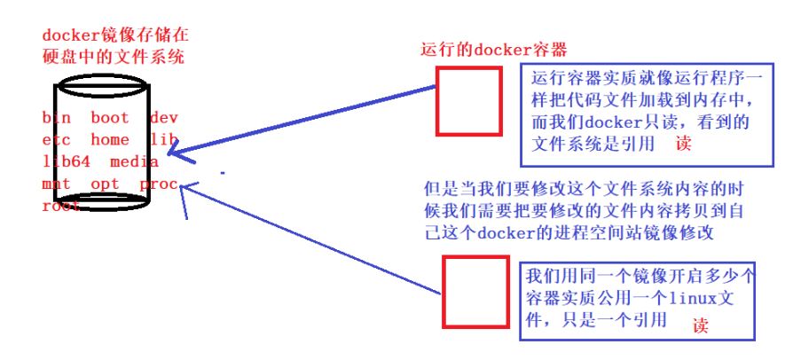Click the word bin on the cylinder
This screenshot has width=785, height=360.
tap(54, 117)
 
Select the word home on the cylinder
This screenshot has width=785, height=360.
tap(110, 139)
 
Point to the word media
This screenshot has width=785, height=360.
tap(135, 161)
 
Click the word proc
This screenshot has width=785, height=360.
tap(159, 184)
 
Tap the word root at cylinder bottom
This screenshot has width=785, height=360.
tap(60, 206)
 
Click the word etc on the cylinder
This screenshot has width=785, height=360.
tap(54, 139)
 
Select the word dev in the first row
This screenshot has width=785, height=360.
tap(164, 117)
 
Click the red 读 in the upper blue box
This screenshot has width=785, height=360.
tap(681, 143)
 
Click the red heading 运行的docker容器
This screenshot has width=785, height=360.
tap(493, 48)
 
